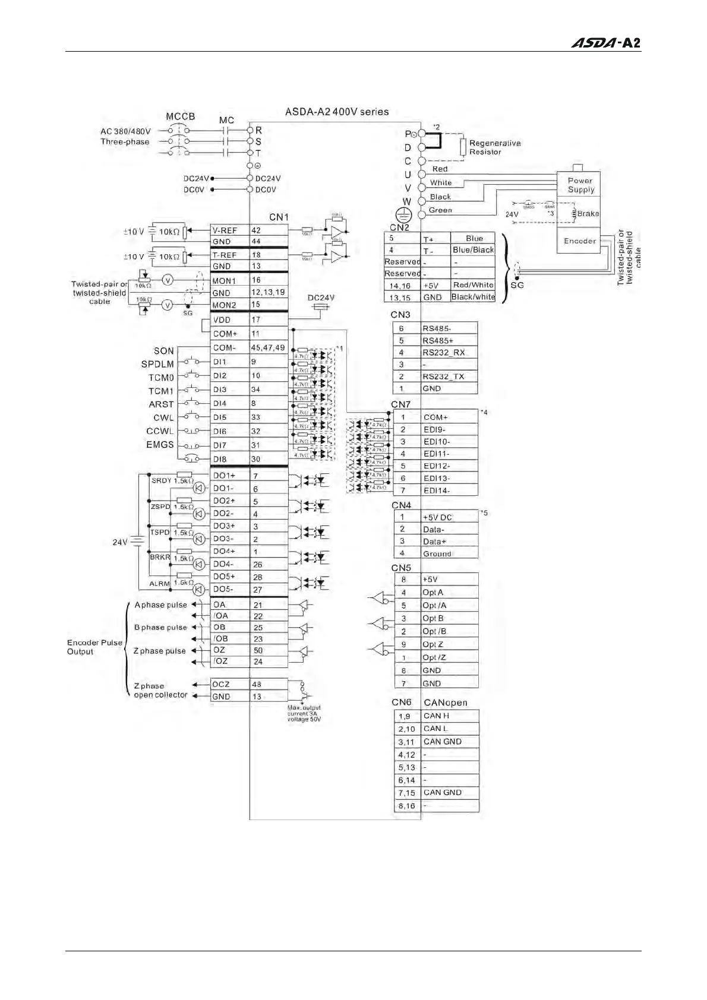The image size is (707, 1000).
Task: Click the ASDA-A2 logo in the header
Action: [x=605, y=43]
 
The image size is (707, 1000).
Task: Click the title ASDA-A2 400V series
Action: [x=337, y=112]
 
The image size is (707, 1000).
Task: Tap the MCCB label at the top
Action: [x=180, y=116]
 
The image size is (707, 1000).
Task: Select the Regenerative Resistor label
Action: [x=494, y=147]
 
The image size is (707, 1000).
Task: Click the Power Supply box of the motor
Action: [x=580, y=185]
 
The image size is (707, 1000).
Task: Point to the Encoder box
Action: [x=579, y=241]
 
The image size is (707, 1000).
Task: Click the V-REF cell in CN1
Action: [x=229, y=230]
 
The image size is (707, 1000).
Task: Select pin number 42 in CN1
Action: [x=268, y=230]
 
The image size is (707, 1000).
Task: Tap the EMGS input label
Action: [x=160, y=445]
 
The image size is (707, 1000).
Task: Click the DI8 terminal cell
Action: [x=229, y=459]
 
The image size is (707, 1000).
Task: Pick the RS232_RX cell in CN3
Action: [x=449, y=352]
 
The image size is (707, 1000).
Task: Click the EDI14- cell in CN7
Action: [x=449, y=490]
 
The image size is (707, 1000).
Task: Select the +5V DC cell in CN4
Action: [x=449, y=517]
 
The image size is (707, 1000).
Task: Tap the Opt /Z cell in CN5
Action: [x=449, y=657]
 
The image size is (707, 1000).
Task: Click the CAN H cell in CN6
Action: [x=449, y=716]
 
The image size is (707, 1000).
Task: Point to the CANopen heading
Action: [x=445, y=702]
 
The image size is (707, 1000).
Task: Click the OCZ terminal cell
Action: [x=229, y=684]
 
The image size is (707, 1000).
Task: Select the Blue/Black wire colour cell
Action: [x=473, y=250]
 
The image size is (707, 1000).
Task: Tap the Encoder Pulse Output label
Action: [x=94, y=647]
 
